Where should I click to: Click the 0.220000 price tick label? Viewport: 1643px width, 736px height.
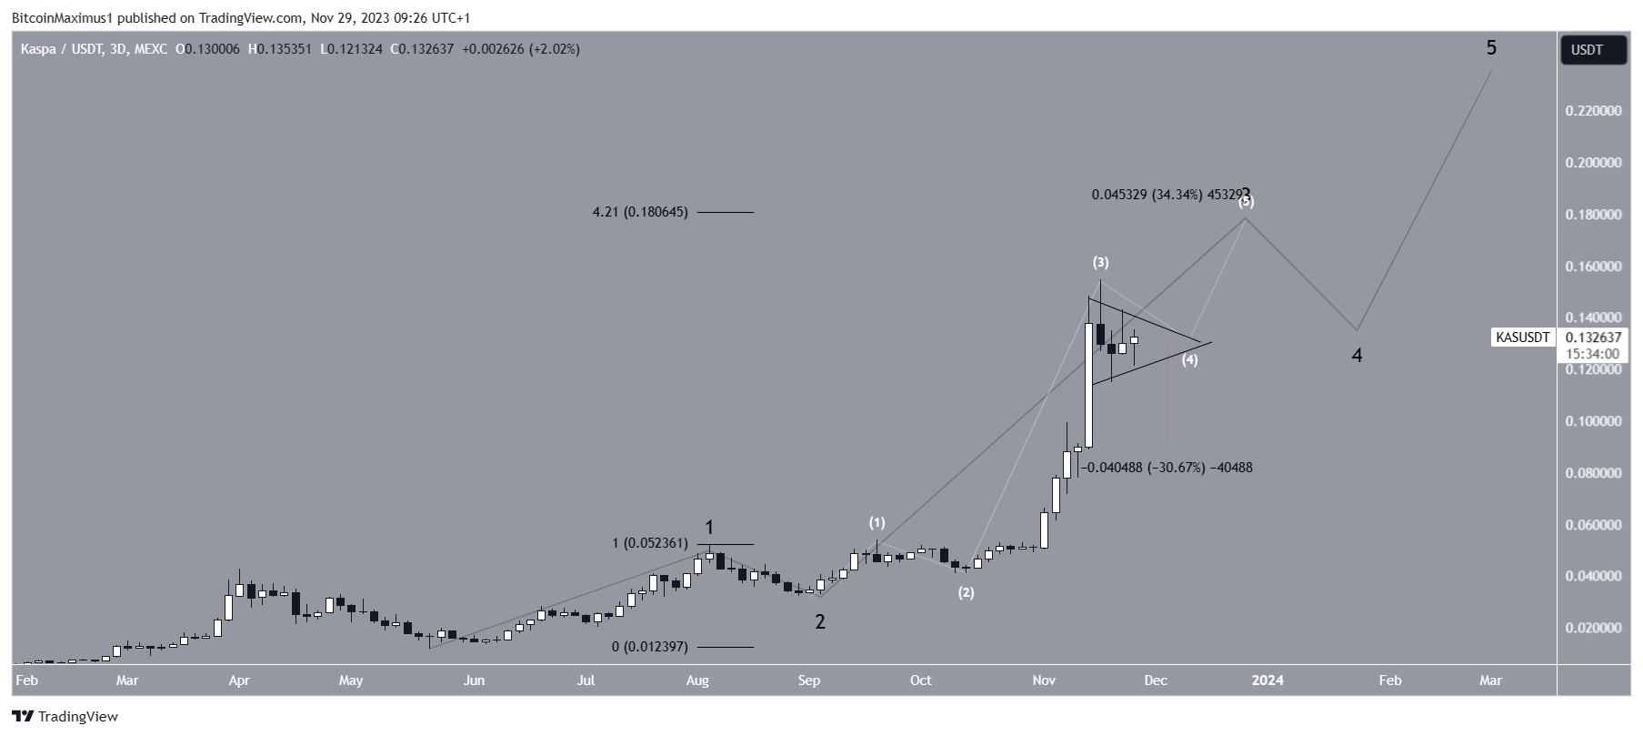click(x=1592, y=111)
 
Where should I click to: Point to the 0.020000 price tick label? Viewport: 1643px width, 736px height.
click(x=1592, y=628)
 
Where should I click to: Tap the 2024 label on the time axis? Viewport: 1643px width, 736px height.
click(x=1267, y=681)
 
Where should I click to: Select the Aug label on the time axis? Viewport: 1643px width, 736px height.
click(x=697, y=681)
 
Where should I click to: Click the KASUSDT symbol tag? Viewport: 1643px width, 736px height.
click(x=1523, y=338)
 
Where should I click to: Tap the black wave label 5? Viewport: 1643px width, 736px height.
click(x=1491, y=47)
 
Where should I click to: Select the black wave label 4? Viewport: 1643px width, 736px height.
click(x=1357, y=356)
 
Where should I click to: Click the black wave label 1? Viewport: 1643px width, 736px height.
click(x=709, y=528)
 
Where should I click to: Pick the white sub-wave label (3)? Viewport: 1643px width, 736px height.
click(x=1100, y=263)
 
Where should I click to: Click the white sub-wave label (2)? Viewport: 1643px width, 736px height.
click(x=966, y=593)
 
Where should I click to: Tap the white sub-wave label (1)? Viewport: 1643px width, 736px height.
click(x=877, y=522)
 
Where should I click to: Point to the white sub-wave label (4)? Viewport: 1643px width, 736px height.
click(x=1189, y=360)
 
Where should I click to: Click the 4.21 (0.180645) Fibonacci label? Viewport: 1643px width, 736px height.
click(x=639, y=212)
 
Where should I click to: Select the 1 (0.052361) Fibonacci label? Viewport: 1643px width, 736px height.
click(x=649, y=543)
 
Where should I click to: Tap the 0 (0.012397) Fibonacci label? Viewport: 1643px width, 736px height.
click(x=649, y=647)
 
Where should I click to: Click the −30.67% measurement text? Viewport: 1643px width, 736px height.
click(x=1166, y=468)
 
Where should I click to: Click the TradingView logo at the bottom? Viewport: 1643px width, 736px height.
click(x=65, y=717)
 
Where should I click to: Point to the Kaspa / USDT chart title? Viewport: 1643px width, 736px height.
click(x=94, y=49)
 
